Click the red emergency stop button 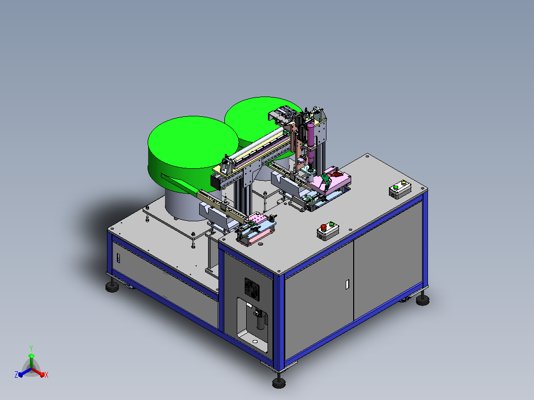[323, 227]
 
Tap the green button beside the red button [331, 224]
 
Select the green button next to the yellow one [396, 187]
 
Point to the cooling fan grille [252, 289]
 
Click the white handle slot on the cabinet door [347, 284]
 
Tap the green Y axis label [31, 349]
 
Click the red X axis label [47, 375]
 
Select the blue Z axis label [16, 374]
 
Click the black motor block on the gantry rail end [216, 181]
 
